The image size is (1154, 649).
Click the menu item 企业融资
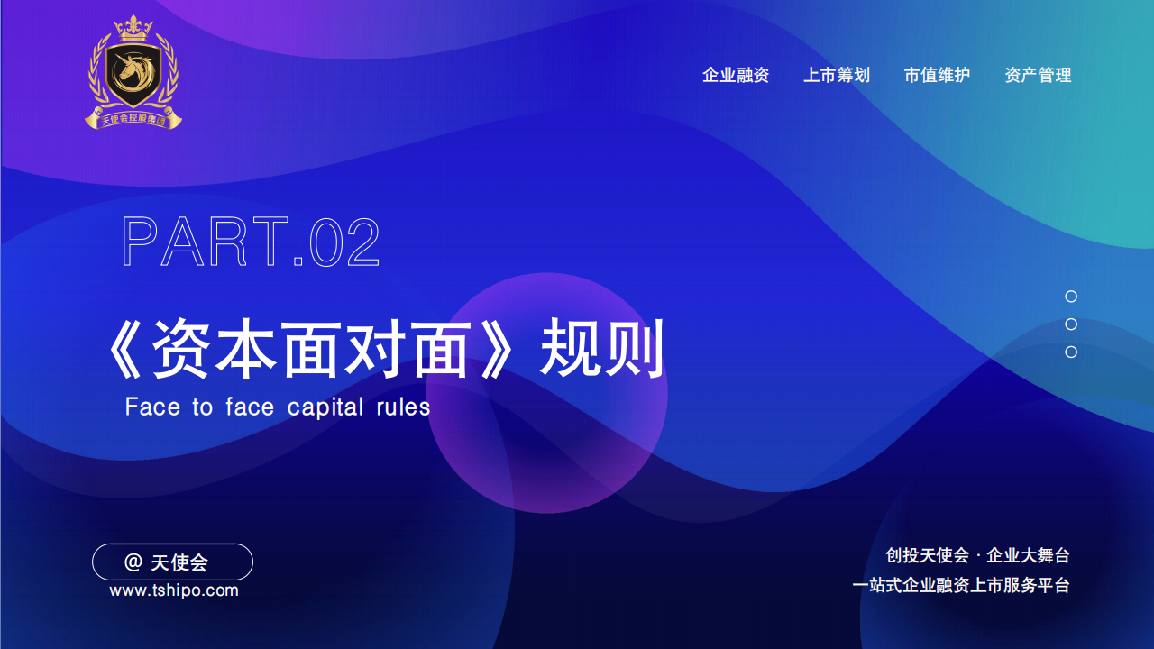tap(736, 75)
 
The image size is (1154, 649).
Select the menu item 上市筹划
tap(837, 75)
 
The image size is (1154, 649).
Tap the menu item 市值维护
tap(937, 75)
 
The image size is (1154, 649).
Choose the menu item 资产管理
tap(1038, 75)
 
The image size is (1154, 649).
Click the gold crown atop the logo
tap(133, 28)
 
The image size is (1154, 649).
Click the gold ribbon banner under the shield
tap(133, 118)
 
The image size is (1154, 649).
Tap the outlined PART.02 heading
tap(251, 242)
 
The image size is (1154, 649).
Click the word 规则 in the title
tap(601, 348)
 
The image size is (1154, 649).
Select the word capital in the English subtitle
tap(325, 407)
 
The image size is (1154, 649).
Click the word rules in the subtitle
tap(403, 407)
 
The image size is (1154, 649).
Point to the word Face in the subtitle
tap(152, 407)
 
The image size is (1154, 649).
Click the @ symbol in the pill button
tap(133, 562)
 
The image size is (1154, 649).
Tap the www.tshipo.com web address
tap(174, 590)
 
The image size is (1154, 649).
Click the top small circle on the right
tap(1071, 297)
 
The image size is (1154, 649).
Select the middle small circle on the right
tap(1071, 324)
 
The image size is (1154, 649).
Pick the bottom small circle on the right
tap(1071, 352)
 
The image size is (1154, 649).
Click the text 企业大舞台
tap(1028, 556)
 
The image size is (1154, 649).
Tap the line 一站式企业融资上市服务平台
tap(961, 586)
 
